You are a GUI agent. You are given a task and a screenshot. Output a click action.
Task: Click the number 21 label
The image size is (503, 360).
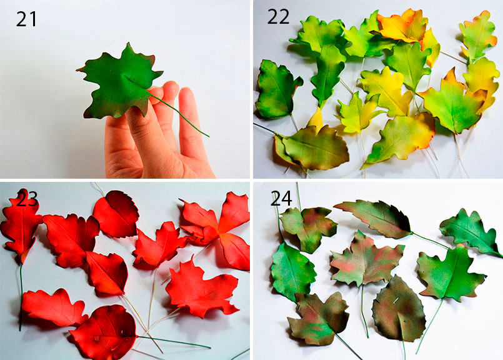click(x=26, y=19)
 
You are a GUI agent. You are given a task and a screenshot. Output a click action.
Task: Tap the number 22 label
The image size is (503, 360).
click(x=278, y=17)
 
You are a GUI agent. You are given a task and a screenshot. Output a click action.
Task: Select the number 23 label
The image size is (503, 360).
click(x=27, y=199)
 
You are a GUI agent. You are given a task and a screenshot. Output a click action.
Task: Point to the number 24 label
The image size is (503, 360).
click(x=281, y=198)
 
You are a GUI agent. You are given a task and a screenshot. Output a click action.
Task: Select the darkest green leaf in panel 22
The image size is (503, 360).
click(x=277, y=90)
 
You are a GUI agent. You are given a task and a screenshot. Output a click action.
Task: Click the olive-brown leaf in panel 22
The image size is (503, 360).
click(x=313, y=148)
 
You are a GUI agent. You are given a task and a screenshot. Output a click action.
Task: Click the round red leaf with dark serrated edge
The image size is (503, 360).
click(x=116, y=214)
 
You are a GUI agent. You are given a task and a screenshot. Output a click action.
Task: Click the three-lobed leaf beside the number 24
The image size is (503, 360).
click(x=309, y=226)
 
